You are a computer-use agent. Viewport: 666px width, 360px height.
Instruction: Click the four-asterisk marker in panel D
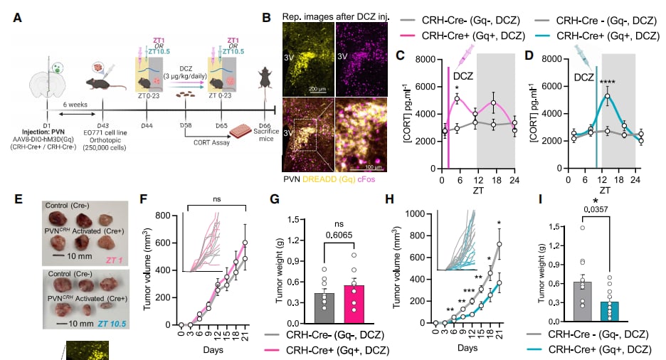pos(607,82)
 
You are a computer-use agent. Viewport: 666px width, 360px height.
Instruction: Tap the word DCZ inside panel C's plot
pos(463,74)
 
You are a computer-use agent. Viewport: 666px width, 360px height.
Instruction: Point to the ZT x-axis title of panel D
pos(604,190)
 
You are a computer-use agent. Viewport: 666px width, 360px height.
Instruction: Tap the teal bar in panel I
pos(614,313)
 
